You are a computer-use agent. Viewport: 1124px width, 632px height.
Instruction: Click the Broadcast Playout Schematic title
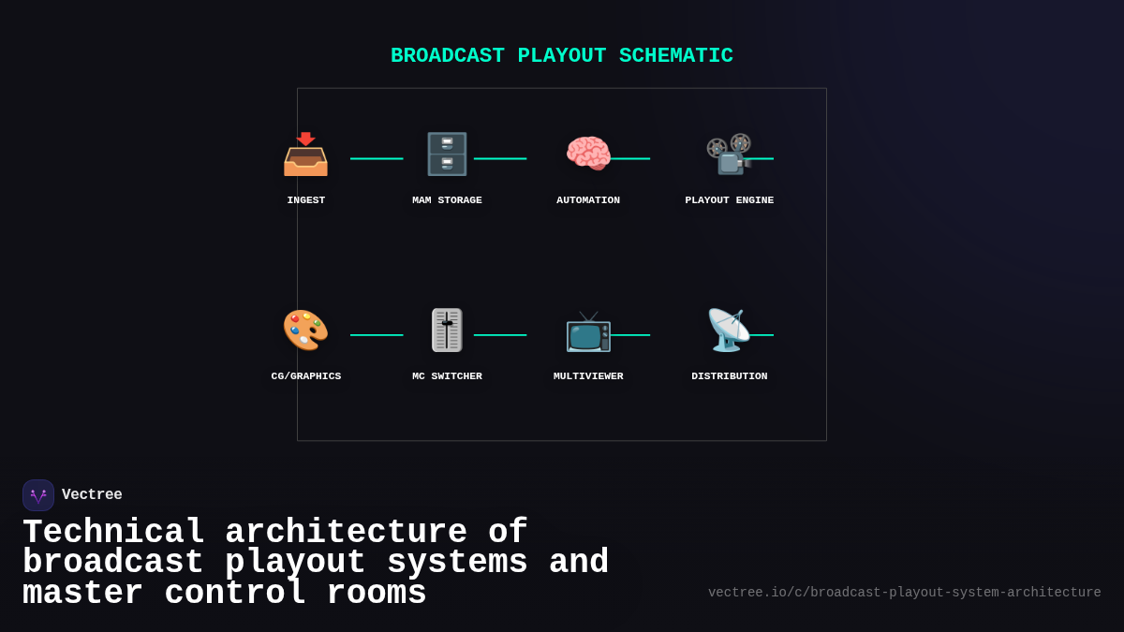[562, 56]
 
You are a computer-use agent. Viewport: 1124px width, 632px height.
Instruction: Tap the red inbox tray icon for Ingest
[305, 154]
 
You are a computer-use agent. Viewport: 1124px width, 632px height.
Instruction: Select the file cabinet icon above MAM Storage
[447, 154]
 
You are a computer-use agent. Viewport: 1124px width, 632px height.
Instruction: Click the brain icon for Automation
[588, 154]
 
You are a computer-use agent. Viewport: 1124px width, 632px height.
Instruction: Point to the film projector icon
[729, 154]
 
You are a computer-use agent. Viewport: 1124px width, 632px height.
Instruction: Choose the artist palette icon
[305, 331]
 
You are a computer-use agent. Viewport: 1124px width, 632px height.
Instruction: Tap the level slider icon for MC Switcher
[447, 331]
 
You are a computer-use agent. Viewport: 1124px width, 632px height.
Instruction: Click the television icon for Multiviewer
[588, 331]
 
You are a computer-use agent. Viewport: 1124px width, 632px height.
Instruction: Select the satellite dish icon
[729, 331]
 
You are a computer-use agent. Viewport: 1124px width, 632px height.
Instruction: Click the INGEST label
[306, 200]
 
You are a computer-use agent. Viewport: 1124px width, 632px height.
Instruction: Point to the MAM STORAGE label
[447, 200]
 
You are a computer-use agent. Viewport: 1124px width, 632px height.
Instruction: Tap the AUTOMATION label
[588, 200]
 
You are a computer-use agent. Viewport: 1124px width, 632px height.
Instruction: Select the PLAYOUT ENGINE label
[730, 200]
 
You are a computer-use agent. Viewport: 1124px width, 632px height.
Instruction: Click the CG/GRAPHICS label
[306, 376]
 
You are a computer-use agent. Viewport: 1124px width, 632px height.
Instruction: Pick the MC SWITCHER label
[447, 376]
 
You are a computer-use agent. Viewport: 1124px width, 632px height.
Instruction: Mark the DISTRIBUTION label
[730, 376]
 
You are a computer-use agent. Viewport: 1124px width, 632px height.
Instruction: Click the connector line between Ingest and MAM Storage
[377, 159]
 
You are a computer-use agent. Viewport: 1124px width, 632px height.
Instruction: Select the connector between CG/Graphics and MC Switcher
[377, 335]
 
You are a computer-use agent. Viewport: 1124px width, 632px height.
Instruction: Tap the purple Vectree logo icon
[38, 495]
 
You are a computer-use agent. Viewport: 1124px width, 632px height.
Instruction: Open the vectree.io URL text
[904, 593]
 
